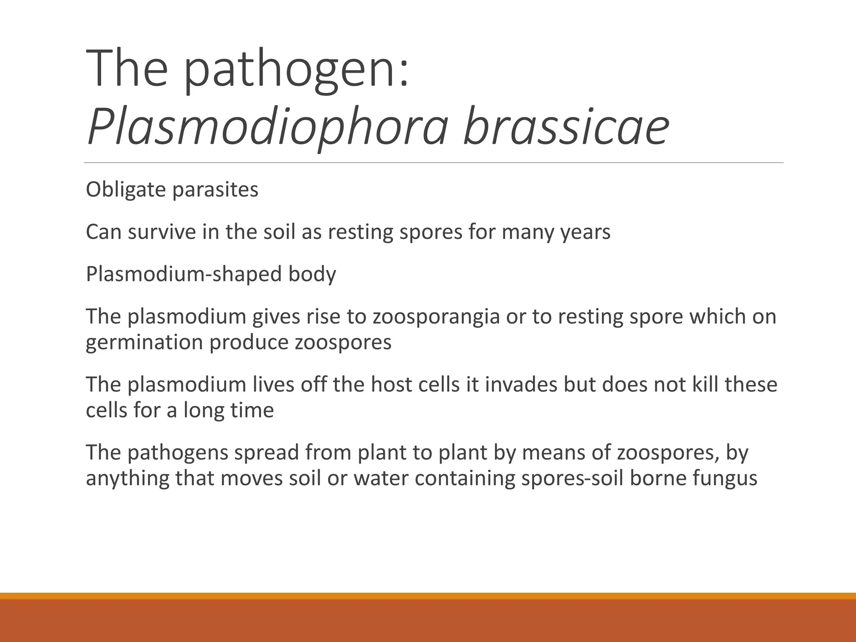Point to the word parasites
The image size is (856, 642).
point(215,190)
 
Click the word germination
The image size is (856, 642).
point(145,343)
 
